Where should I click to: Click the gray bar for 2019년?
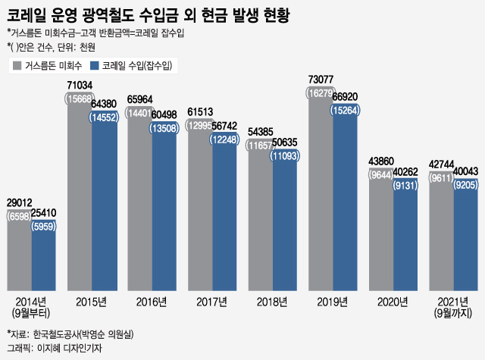click(x=321, y=197)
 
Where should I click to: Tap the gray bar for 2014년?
click(x=19, y=258)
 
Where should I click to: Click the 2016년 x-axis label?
click(x=152, y=302)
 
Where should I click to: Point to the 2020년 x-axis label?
click(x=393, y=302)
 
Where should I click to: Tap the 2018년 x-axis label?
click(x=272, y=302)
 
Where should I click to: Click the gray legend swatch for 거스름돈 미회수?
click(x=17, y=66)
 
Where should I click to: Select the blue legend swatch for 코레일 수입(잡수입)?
click(x=94, y=66)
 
